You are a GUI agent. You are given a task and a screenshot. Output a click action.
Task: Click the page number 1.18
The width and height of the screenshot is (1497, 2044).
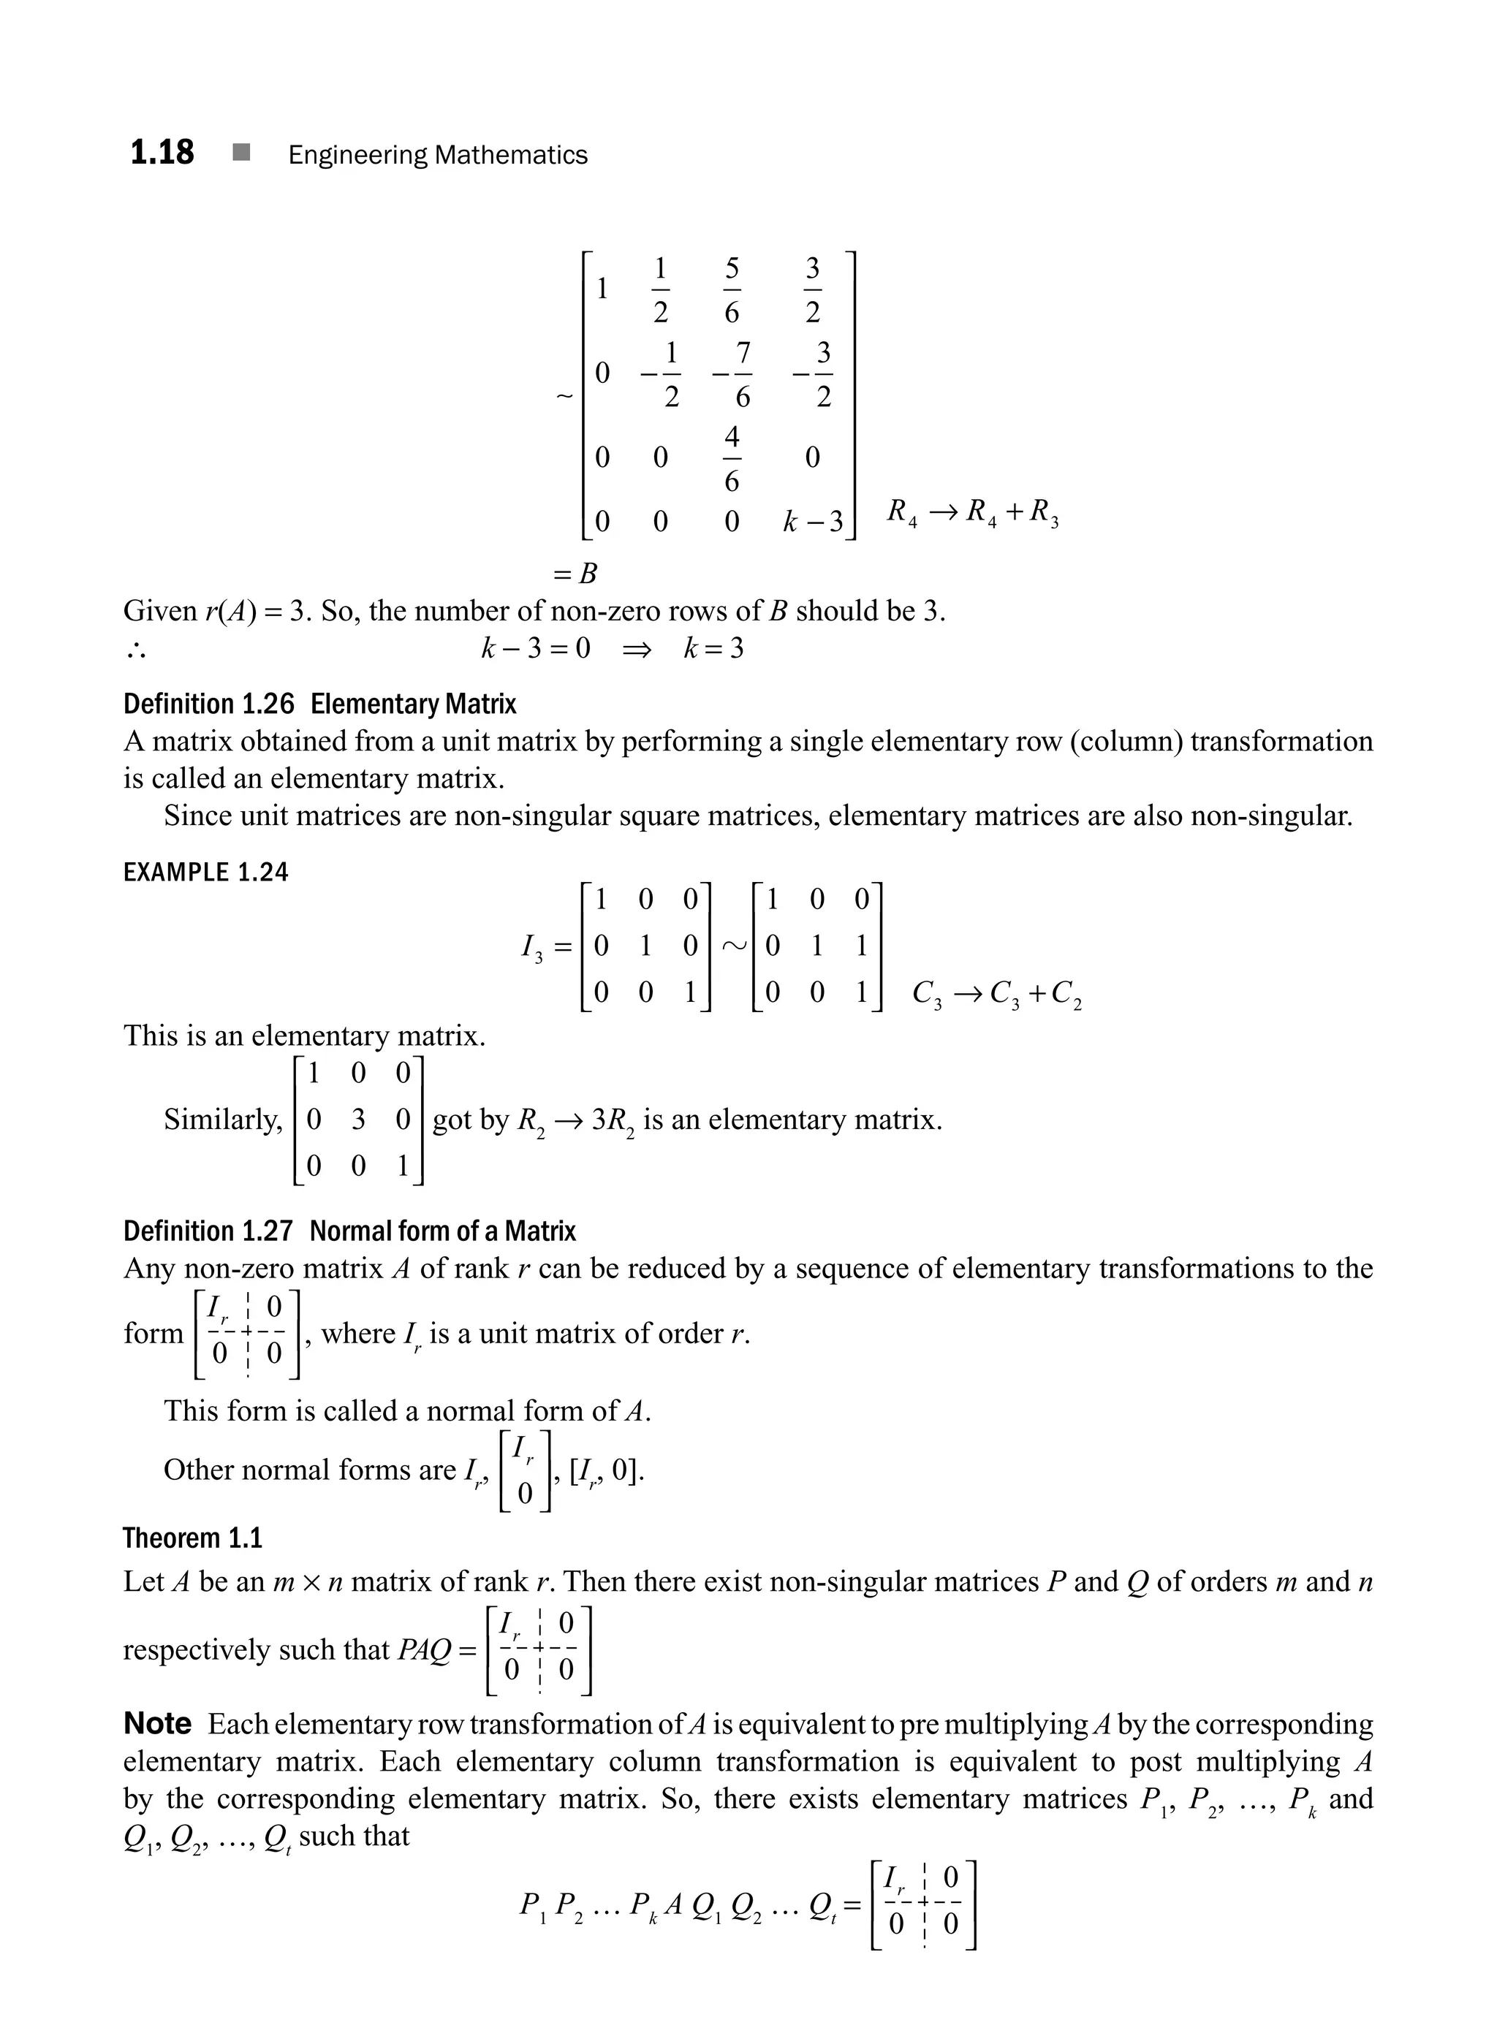click(x=162, y=152)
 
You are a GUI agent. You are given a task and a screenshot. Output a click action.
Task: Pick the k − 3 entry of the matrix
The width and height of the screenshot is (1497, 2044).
click(x=812, y=522)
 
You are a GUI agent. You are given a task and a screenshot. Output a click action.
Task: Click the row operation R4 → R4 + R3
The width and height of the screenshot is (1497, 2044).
click(x=972, y=513)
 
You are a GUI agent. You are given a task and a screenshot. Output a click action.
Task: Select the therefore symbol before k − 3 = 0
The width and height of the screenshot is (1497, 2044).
click(x=136, y=650)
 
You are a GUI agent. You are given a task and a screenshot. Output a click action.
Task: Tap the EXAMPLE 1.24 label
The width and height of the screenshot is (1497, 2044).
click(x=205, y=873)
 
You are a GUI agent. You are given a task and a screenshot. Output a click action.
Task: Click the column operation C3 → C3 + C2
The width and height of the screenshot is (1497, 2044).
click(x=997, y=995)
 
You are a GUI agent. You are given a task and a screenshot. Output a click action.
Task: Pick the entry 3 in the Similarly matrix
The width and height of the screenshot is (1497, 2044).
click(x=358, y=1120)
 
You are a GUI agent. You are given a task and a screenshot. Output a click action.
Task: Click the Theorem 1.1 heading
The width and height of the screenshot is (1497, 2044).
click(x=192, y=1538)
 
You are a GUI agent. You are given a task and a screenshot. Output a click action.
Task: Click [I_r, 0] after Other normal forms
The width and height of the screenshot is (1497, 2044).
click(x=606, y=1470)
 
